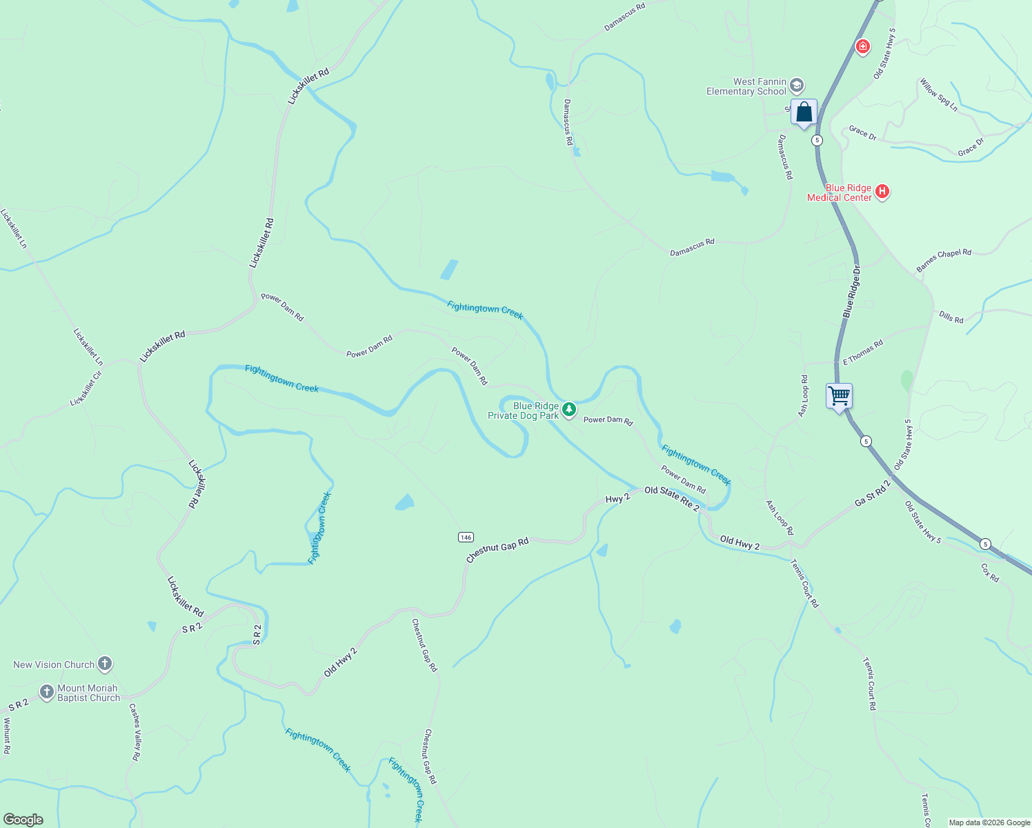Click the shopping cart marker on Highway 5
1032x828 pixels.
point(839,397)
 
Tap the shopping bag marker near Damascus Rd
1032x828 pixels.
point(804,112)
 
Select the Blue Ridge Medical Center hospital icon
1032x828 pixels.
point(882,193)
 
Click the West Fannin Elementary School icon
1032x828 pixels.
point(796,86)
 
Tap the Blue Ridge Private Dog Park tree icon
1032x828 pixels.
point(568,411)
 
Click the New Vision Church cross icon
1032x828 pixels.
point(105,664)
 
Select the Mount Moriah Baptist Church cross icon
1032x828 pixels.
point(47,692)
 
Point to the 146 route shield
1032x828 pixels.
point(466,537)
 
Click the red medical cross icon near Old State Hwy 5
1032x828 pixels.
point(862,47)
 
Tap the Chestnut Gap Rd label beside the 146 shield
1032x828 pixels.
point(497,550)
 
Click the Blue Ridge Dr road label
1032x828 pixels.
point(852,291)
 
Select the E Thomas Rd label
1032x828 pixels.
point(862,352)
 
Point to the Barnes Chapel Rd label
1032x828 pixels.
point(943,260)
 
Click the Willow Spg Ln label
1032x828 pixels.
point(938,95)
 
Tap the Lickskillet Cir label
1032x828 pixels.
point(86,388)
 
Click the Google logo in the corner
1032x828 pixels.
point(23,819)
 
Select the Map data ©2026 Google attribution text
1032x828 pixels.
point(989,822)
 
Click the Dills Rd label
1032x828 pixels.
point(951,317)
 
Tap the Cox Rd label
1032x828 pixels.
point(989,573)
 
